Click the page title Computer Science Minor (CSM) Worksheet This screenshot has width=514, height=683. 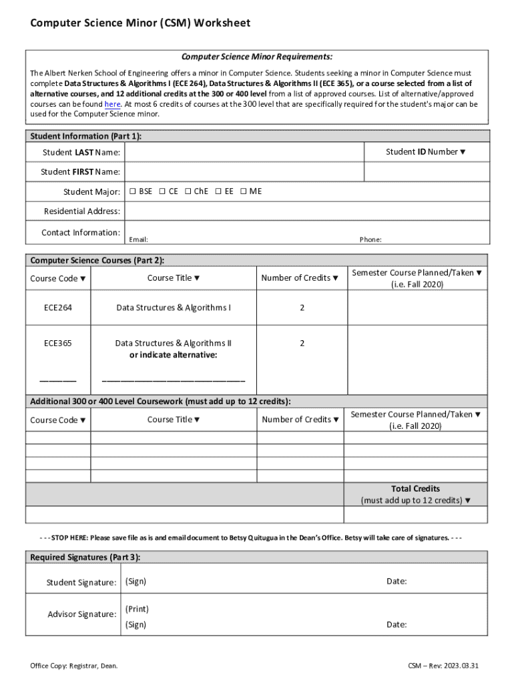pos(140,23)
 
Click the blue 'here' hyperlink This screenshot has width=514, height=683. pos(112,105)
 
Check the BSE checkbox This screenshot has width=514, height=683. pos(132,191)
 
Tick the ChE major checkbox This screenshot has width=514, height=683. pos(188,191)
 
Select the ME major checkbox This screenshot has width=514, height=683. pos(244,191)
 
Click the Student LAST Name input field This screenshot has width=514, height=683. pos(244,153)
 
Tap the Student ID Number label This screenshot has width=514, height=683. pos(426,152)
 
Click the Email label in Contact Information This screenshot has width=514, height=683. pos(138,239)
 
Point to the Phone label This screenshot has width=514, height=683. pos(370,239)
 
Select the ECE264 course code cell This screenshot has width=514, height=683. pos(58,308)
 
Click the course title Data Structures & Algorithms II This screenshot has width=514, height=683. pos(173,344)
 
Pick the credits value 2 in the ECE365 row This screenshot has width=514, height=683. pos(302,344)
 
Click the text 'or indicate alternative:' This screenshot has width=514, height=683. pos(173,355)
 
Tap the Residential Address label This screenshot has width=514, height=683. pos(82,211)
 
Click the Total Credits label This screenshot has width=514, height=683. pos(415,489)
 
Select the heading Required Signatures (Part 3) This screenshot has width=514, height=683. pos(85,557)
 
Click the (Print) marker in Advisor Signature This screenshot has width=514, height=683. pos(137,609)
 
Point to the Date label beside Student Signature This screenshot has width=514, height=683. pos(397,582)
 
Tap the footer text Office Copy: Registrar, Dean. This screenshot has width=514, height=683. pos(74,666)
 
